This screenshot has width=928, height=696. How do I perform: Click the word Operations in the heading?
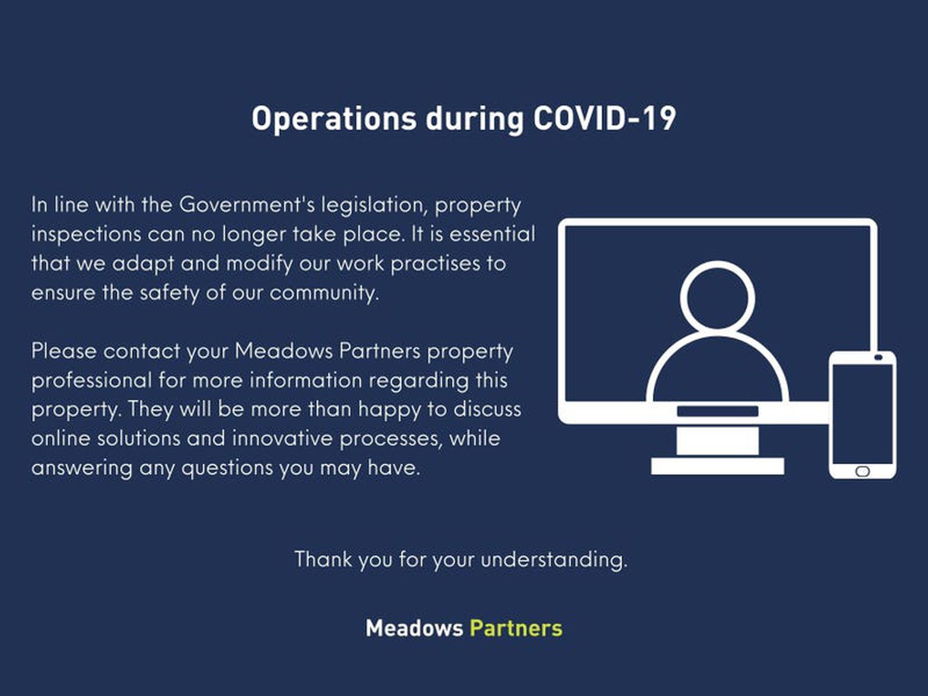coord(334,119)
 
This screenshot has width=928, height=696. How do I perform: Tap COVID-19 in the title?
coord(605,118)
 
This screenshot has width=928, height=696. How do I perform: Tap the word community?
coord(324,293)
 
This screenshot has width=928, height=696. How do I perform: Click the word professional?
coord(91,380)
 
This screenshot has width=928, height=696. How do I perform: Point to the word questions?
coord(227,468)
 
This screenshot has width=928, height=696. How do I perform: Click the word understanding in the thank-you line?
coord(554,559)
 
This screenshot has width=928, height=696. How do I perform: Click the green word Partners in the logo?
coord(516,628)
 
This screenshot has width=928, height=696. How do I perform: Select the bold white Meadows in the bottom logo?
coord(414,628)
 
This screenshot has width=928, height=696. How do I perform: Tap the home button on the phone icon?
coord(863,471)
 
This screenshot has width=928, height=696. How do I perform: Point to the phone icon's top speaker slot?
coord(878,358)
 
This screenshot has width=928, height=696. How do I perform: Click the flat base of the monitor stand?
coord(717,466)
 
